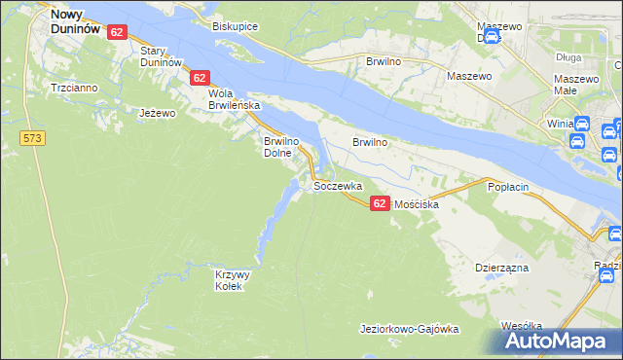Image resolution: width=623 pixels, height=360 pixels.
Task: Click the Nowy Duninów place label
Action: [x=75, y=22]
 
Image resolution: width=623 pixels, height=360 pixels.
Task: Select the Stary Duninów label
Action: [x=163, y=55]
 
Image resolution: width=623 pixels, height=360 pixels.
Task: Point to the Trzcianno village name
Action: [x=75, y=88]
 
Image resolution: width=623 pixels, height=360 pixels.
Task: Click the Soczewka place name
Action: [x=338, y=185]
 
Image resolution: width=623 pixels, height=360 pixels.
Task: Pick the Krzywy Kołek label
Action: [x=233, y=280]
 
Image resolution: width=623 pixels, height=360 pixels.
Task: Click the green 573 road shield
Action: [x=32, y=139]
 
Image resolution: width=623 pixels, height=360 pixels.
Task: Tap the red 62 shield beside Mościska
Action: [x=380, y=201]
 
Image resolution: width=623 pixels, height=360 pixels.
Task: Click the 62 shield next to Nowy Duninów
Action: [x=117, y=32]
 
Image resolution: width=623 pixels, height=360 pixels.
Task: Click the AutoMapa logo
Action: [x=561, y=341]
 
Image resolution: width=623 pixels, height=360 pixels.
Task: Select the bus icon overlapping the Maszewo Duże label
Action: [x=492, y=37]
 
